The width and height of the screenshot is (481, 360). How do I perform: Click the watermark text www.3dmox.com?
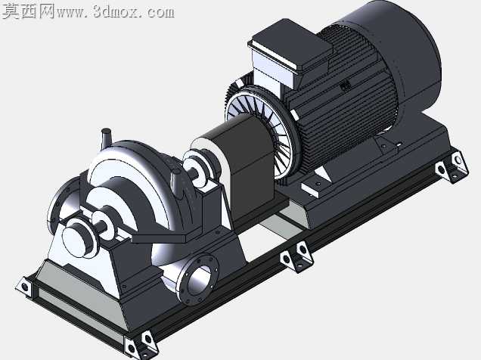[116, 11]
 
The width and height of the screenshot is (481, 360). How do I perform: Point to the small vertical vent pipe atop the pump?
[106, 140]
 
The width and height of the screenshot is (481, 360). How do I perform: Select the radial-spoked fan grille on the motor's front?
[261, 129]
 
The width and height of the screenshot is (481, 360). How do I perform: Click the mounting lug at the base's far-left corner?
[24, 287]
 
